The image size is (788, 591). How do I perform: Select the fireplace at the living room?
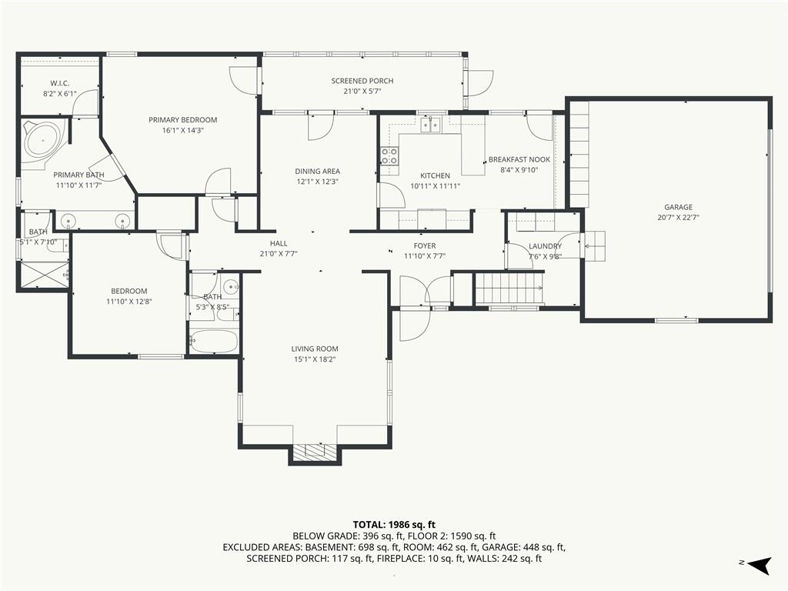[x=314, y=452]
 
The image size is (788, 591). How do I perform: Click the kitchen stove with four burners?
[x=389, y=157]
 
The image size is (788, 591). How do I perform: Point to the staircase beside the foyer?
[x=509, y=289]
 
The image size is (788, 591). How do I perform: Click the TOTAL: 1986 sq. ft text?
[x=393, y=524]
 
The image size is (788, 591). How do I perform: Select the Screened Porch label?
[x=362, y=81]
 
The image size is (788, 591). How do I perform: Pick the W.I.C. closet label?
[x=61, y=82]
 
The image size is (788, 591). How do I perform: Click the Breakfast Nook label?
[x=519, y=160]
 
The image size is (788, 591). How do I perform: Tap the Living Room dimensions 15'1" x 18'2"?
[x=314, y=359]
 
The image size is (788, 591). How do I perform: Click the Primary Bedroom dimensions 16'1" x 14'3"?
[x=182, y=130]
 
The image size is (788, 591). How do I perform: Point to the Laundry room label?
[x=545, y=246]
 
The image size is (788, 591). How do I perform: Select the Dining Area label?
[x=317, y=172]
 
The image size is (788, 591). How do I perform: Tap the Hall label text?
[x=279, y=243]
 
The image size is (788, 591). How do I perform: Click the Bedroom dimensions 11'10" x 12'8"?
[x=129, y=301]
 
